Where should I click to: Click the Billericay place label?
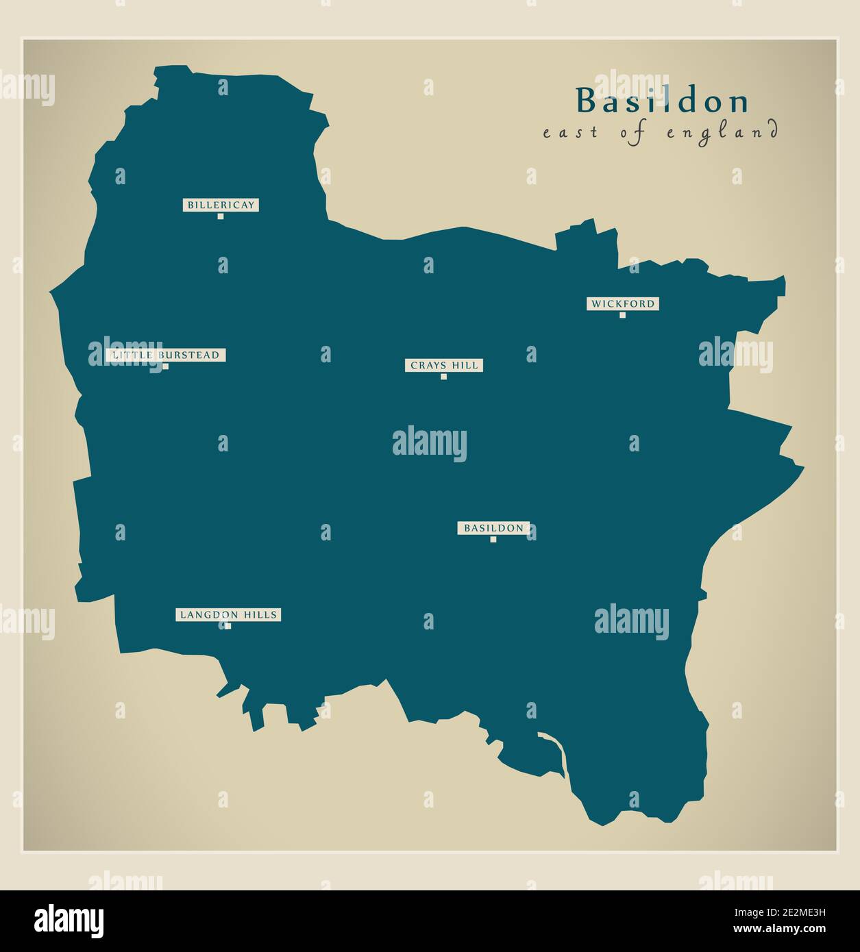[x=221, y=205]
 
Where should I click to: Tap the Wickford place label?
[x=622, y=303]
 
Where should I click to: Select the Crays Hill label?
[x=443, y=366]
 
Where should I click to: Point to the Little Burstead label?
[x=166, y=355]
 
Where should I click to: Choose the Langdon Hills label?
[x=228, y=615]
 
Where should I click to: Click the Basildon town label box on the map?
[x=493, y=528]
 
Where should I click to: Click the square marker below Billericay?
[x=221, y=216]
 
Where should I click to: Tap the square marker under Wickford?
[x=622, y=315]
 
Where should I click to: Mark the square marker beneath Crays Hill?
[x=443, y=377]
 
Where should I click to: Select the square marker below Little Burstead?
[x=165, y=366]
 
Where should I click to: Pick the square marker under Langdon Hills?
[x=228, y=626]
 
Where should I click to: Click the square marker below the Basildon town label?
[x=493, y=540]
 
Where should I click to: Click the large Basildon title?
[x=662, y=101]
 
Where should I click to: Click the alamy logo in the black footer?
[x=69, y=920]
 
